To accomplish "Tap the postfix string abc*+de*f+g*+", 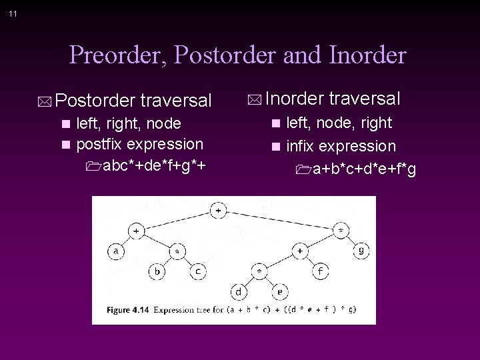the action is [x=153, y=164].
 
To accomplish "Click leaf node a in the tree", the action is [x=116, y=251].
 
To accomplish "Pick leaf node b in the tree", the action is [x=157, y=271].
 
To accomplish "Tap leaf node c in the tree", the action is [x=197, y=271].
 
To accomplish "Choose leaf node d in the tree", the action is [x=239, y=291].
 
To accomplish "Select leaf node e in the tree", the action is [x=279, y=291].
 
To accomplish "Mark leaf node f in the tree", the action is [x=321, y=271].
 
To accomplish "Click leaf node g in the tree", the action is [x=361, y=251].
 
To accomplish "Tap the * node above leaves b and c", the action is [x=177, y=251].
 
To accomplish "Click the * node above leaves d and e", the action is [x=259, y=271].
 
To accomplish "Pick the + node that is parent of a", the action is [x=137, y=231].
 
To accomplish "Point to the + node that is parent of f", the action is [x=300, y=251].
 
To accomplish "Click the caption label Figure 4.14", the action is [x=129, y=310].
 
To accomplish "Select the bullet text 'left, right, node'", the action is [x=129, y=123].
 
